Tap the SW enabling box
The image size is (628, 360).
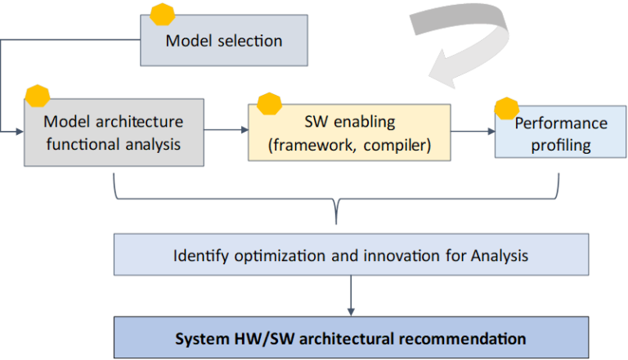pyautogui.click(x=349, y=133)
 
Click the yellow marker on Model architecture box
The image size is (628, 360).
pyautogui.click(x=38, y=95)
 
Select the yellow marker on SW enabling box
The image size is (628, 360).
pyautogui.click(x=269, y=104)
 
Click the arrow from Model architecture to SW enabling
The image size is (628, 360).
pyautogui.click(x=225, y=130)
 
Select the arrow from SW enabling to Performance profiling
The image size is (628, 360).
pyautogui.click(x=473, y=130)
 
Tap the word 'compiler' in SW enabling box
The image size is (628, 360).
pyautogui.click(x=398, y=146)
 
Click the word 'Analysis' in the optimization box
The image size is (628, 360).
pyautogui.click(x=500, y=255)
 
